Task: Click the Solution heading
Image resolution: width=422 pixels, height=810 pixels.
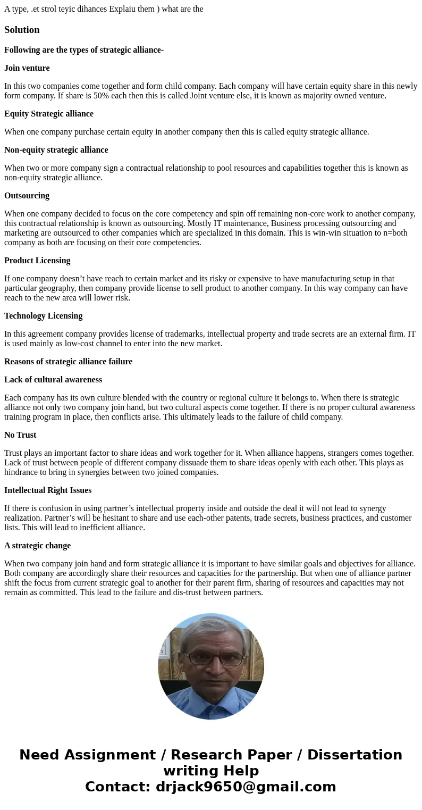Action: tap(22, 30)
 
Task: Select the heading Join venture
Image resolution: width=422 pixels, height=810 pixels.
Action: tap(27, 68)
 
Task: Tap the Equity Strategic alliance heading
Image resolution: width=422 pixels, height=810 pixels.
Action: tap(49, 114)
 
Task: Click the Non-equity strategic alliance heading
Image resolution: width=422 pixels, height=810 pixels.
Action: tap(56, 150)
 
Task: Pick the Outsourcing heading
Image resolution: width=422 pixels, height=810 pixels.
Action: tap(27, 196)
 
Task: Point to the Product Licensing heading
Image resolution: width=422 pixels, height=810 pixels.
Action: tap(37, 261)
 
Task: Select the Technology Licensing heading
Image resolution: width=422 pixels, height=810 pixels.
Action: tap(44, 316)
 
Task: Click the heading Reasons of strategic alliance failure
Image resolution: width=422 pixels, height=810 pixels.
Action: tap(68, 362)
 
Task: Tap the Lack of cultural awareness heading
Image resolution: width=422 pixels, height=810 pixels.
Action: tap(53, 380)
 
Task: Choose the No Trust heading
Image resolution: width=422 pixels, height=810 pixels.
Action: tap(20, 435)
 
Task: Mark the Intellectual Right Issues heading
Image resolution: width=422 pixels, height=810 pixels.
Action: tap(48, 490)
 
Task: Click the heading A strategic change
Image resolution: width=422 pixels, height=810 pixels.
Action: tap(37, 546)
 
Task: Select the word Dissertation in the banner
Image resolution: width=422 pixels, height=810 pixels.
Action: tap(355, 755)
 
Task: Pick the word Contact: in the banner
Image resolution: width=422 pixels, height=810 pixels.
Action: tap(117, 787)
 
